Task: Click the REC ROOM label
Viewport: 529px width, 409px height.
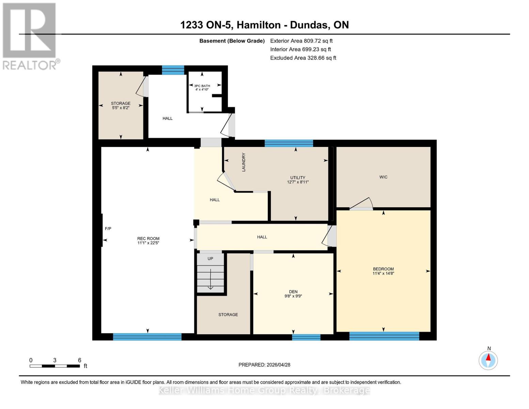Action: coord(148,239)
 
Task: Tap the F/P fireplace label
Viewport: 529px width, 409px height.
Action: coord(108,229)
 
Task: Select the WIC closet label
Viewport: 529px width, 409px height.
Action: coord(383,177)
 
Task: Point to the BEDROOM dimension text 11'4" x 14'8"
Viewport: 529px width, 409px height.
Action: coord(383,273)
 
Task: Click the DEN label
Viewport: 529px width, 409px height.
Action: coord(293,292)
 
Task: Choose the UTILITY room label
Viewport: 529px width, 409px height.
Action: coord(298,178)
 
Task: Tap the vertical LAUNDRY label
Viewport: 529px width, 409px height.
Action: coord(244,162)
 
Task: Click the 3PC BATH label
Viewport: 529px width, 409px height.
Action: coord(202,86)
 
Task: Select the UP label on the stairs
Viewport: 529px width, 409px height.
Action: coord(210,259)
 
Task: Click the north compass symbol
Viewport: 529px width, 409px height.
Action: coord(488,360)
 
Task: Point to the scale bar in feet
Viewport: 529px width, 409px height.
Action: coord(55,366)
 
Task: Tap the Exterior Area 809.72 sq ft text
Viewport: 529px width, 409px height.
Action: coord(301,41)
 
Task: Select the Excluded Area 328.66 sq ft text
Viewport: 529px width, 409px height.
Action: coord(303,58)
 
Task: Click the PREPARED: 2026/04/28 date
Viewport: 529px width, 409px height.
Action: coord(264,365)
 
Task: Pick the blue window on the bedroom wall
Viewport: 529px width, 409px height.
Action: coord(384,336)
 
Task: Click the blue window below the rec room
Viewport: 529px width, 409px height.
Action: coord(147,337)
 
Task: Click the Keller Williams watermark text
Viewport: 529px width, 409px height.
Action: coord(264,390)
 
